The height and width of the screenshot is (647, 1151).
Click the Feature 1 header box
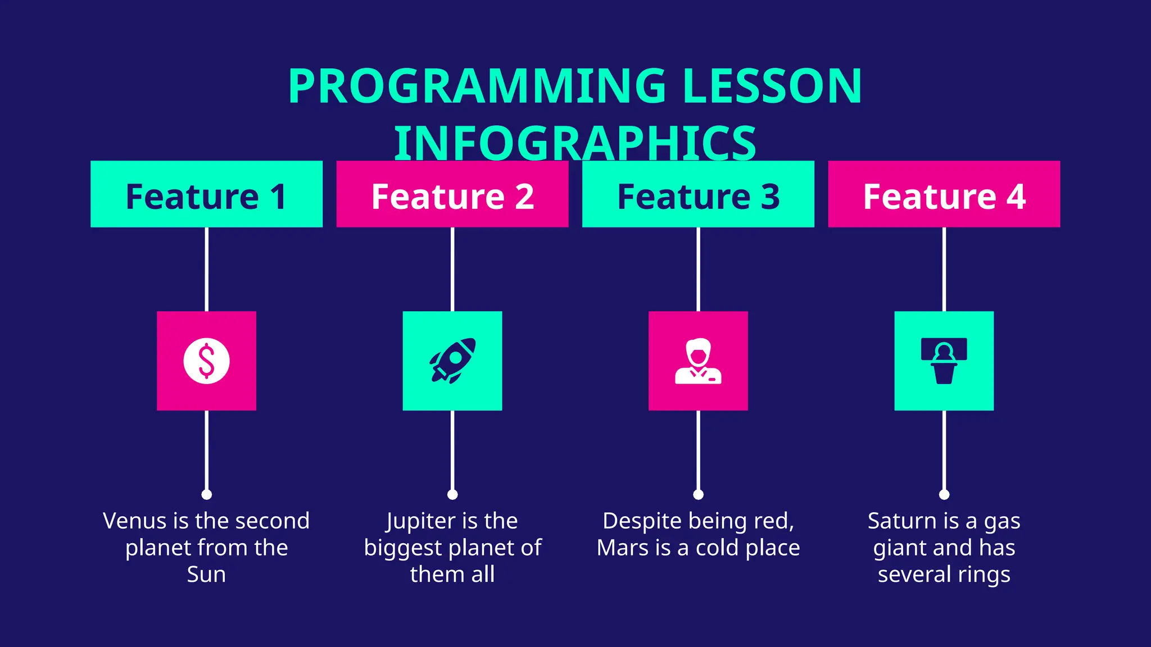[x=206, y=194]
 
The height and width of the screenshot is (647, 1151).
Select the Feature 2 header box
[x=452, y=194]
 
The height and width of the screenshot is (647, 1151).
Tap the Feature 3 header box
[x=698, y=194]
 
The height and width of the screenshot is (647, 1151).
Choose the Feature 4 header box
[x=944, y=194]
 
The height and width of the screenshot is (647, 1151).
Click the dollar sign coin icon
[x=206, y=361]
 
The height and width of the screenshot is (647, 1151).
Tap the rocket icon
[x=452, y=361]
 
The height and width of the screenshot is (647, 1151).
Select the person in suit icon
[x=698, y=361]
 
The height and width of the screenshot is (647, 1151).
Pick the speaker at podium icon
[x=944, y=361]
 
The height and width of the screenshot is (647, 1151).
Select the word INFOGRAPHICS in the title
[x=575, y=143]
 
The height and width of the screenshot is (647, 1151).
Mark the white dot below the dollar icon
[x=206, y=494]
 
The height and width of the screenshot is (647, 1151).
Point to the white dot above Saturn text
[x=944, y=494]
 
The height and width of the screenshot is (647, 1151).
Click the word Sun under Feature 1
[x=206, y=575]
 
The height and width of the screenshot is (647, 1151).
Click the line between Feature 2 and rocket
[x=452, y=269]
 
